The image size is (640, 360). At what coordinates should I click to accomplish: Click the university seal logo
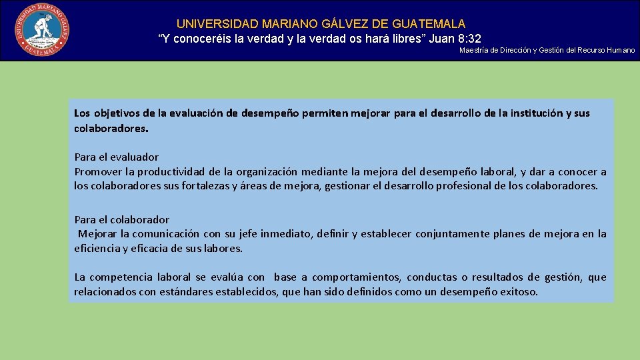tap(42, 29)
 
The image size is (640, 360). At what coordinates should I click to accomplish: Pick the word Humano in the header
tap(621, 51)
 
